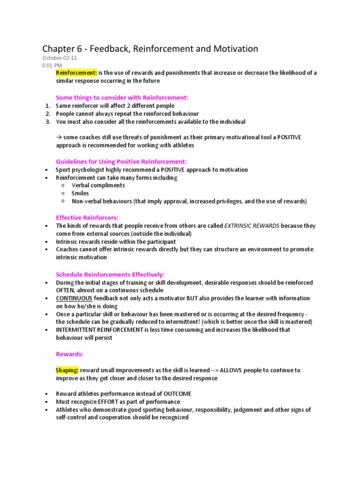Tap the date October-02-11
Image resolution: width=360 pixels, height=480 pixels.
click(x=55, y=58)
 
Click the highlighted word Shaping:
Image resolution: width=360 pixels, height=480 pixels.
click(x=67, y=370)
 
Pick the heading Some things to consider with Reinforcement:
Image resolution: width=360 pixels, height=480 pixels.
click(x=122, y=97)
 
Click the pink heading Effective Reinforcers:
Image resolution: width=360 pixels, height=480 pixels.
click(x=87, y=217)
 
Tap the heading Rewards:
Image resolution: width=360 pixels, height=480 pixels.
click(x=69, y=354)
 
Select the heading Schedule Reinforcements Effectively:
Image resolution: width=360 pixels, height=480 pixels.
click(x=110, y=274)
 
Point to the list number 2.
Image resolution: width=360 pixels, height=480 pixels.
click(x=48, y=114)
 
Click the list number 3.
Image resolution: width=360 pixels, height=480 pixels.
click(x=48, y=122)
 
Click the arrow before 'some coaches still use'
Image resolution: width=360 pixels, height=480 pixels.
click(x=59, y=137)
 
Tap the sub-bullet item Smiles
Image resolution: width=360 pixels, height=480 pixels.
click(x=80, y=193)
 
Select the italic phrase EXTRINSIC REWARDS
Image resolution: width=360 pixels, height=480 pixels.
click(x=252, y=226)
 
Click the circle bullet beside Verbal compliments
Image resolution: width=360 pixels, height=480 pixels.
click(x=62, y=185)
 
